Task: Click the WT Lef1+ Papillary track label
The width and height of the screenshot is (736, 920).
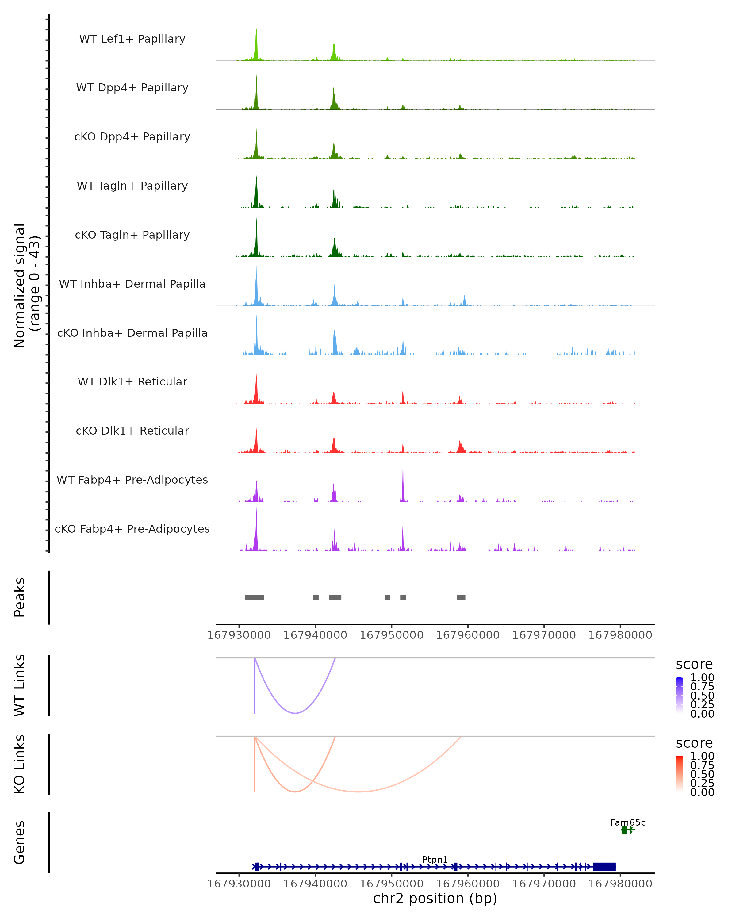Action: coord(132,39)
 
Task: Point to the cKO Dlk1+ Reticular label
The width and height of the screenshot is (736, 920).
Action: coord(132,431)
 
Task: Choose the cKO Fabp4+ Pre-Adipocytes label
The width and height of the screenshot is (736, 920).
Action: coord(132,529)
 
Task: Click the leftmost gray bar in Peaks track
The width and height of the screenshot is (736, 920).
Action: coord(254,597)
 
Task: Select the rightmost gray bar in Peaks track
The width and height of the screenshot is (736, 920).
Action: coord(461,597)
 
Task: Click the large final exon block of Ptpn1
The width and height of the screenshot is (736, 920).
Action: coord(604,867)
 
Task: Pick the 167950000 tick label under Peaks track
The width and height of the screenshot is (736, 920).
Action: coord(391,635)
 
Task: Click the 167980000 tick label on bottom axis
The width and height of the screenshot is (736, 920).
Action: coord(620,884)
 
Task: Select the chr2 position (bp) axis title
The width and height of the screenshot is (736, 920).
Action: coord(435,899)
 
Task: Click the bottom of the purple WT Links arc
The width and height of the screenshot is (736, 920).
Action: coord(295,713)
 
